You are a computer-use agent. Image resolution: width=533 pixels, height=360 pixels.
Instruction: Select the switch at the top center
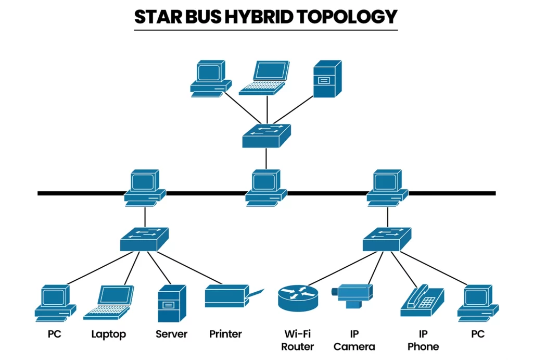pyautogui.click(x=266, y=135)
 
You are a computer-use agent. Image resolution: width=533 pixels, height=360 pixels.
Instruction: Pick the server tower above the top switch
pyautogui.click(x=327, y=79)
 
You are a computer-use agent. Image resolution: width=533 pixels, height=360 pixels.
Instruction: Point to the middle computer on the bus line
pyautogui.click(x=266, y=187)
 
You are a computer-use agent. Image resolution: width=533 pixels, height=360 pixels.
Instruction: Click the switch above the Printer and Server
pyautogui.click(x=144, y=239)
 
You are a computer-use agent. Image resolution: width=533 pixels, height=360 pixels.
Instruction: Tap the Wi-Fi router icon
pyautogui.click(x=297, y=298)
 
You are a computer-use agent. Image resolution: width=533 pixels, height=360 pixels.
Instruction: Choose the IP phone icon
pyautogui.click(x=422, y=301)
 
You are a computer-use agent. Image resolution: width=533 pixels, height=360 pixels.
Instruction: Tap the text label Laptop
pyautogui.click(x=108, y=334)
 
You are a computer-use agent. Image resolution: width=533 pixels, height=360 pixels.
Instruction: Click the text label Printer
pyautogui.click(x=225, y=334)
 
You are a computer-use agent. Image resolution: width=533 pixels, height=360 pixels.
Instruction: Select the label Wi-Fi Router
pyautogui.click(x=297, y=340)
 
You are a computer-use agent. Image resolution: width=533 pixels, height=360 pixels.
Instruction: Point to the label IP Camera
pyautogui.click(x=354, y=340)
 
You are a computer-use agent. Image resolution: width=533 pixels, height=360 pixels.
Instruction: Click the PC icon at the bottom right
pyautogui.click(x=477, y=303)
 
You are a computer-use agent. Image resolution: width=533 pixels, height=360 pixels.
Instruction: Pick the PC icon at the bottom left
pyautogui.click(x=55, y=303)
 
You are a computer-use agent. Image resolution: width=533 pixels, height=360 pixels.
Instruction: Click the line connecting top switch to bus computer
pyautogui.click(x=266, y=158)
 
